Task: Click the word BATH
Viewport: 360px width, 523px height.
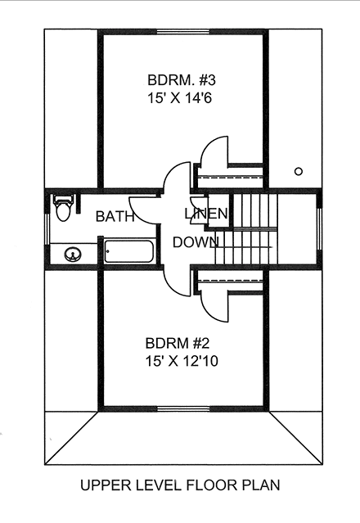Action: [115, 217]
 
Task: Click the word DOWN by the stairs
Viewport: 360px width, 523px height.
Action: [195, 242]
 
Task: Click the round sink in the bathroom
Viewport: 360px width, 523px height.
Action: [73, 255]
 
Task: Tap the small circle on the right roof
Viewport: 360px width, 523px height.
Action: [299, 171]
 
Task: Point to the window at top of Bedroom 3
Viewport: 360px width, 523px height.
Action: [181, 32]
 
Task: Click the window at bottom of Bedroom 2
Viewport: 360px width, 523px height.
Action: [181, 408]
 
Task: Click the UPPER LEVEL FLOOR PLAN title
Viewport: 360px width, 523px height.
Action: [180, 485]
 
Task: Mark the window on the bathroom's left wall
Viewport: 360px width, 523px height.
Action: [47, 232]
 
